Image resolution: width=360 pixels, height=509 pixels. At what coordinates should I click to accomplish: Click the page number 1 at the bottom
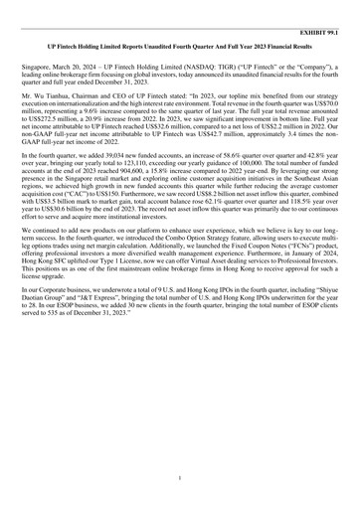pyautogui.click(x=179, y=478)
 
